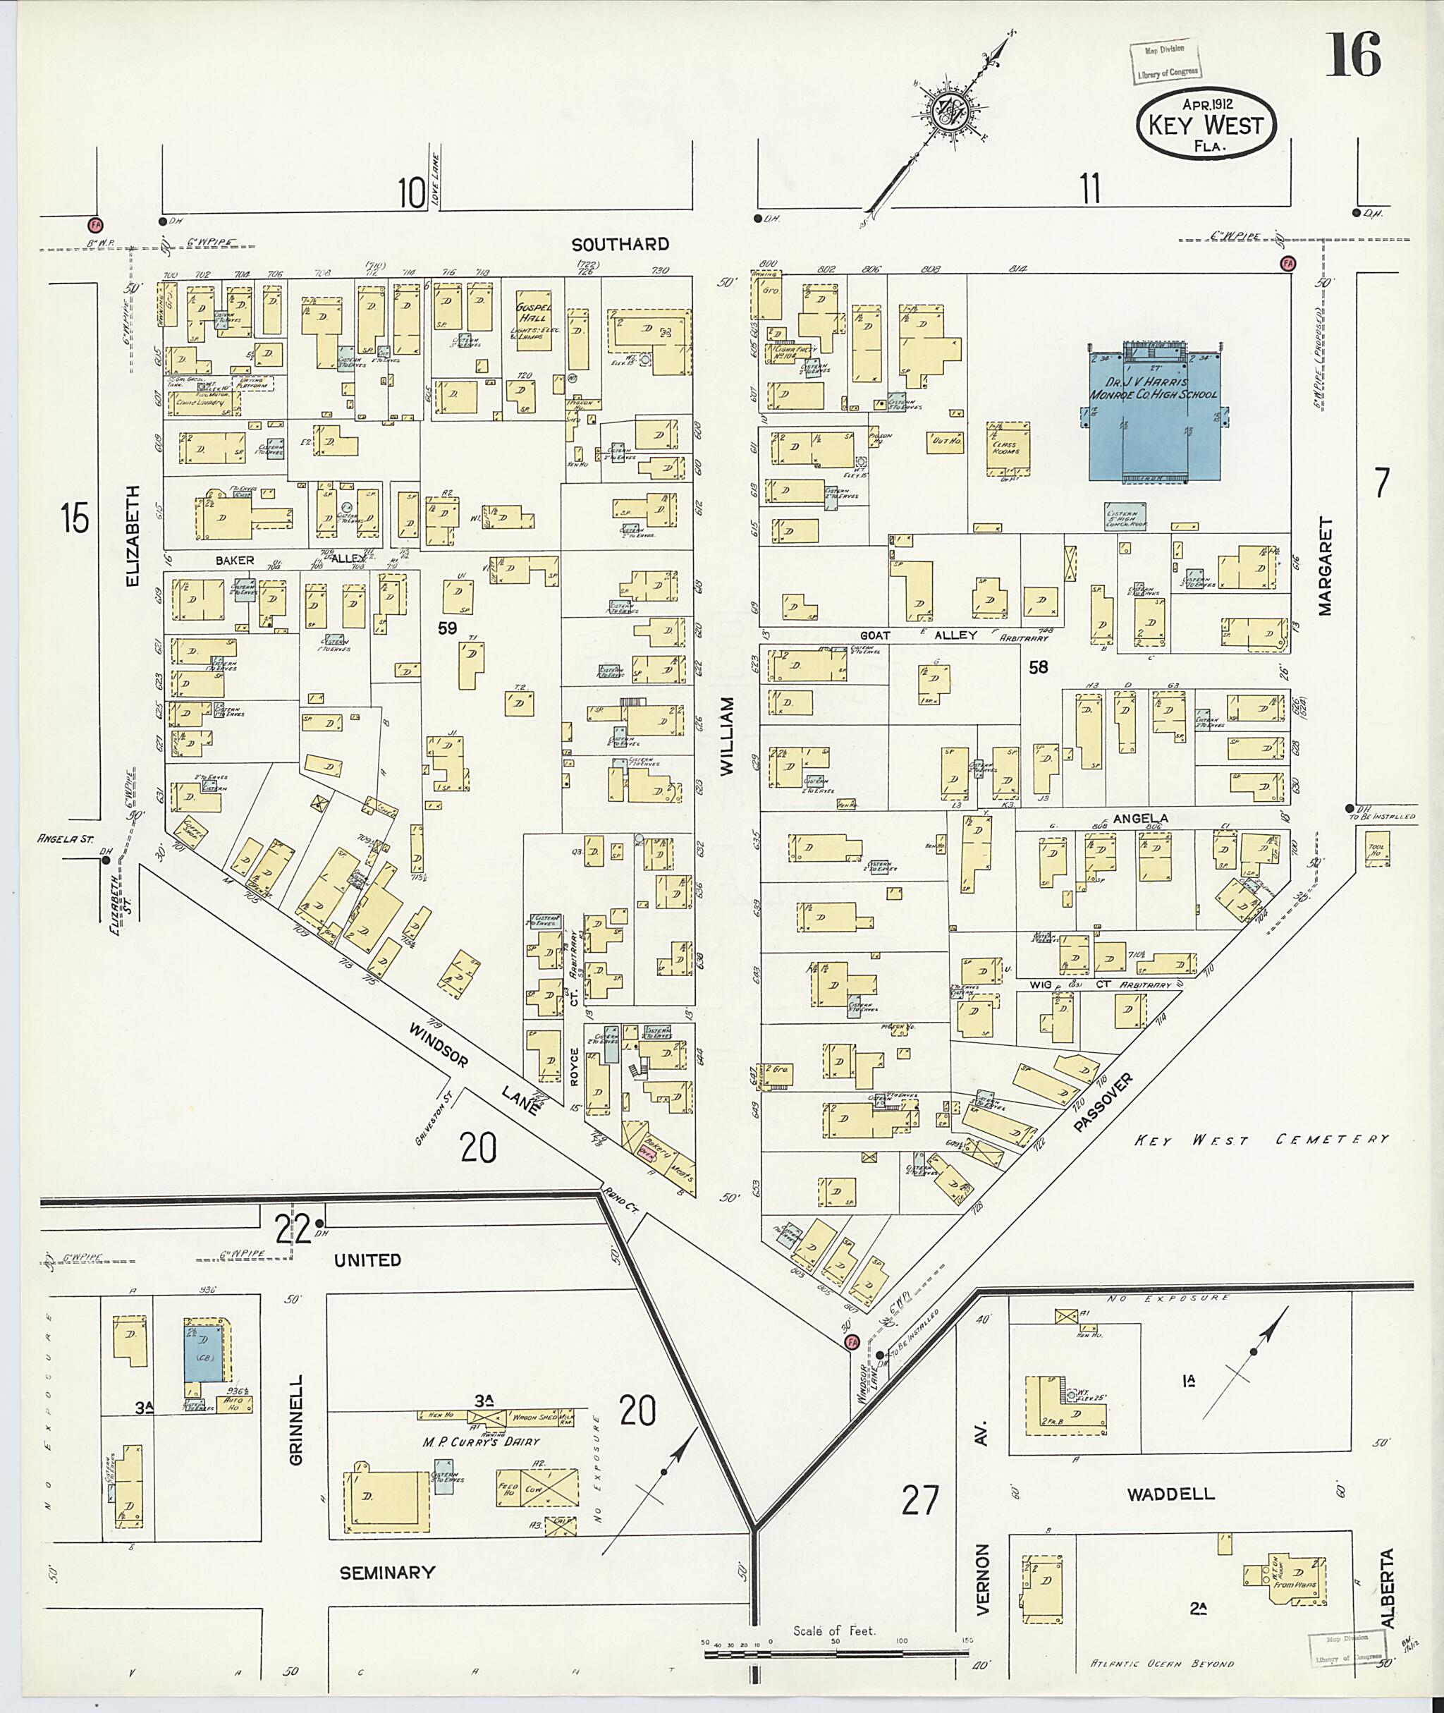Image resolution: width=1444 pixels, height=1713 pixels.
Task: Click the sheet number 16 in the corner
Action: click(x=1354, y=55)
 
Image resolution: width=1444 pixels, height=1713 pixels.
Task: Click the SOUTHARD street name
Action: click(x=620, y=244)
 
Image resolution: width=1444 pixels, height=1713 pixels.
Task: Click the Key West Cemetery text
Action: click(x=1261, y=1139)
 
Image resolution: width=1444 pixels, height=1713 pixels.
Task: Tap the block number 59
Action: click(x=447, y=629)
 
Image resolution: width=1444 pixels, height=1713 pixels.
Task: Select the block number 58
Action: click(x=1038, y=667)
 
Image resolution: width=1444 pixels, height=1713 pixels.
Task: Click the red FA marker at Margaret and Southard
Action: click(x=1288, y=263)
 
